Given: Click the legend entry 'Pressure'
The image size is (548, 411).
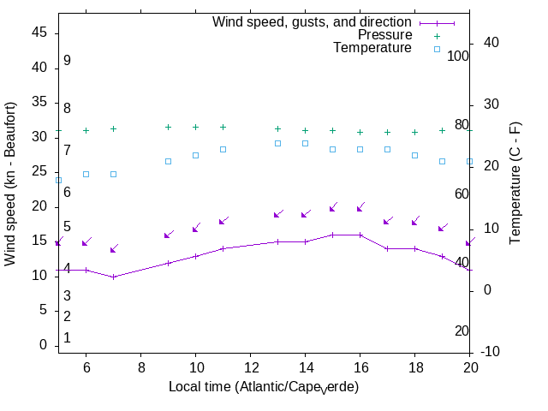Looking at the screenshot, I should click(384, 35).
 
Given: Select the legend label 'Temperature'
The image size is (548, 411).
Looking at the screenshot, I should click(372, 48).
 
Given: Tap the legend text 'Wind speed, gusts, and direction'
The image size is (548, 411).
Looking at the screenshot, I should click(313, 22).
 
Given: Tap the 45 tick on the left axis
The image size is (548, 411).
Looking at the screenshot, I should click(39, 32).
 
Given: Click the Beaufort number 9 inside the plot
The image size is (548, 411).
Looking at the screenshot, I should click(67, 61).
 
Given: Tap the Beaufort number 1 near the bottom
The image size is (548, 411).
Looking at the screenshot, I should click(67, 338).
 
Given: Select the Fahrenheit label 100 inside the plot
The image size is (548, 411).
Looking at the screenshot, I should click(458, 56).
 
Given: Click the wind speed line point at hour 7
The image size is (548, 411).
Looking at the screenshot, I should click(113, 277).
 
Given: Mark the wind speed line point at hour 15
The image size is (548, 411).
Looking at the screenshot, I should click(332, 235).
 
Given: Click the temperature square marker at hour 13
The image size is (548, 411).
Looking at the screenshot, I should click(277, 143).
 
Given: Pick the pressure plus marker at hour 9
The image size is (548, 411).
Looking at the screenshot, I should click(168, 127).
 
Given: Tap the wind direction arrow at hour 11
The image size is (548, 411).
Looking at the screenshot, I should click(223, 222).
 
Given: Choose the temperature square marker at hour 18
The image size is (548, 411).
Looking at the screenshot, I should click(414, 155).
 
